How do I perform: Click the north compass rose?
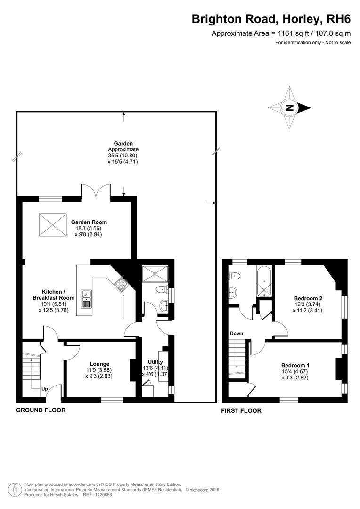[289, 108]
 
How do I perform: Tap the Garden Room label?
[89, 222]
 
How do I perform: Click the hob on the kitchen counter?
[120, 284]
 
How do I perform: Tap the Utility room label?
[155, 362]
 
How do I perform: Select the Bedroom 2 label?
[308, 298]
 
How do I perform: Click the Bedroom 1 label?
[295, 365]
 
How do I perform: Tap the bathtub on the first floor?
[264, 282]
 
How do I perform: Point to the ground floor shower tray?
[155, 273]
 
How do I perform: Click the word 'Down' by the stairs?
[237, 334]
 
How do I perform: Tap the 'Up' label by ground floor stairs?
[45, 389]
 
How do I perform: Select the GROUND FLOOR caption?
[41, 410]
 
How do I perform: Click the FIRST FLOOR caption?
[241, 411]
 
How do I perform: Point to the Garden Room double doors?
[97, 191]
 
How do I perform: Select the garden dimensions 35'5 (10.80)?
[123, 156]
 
